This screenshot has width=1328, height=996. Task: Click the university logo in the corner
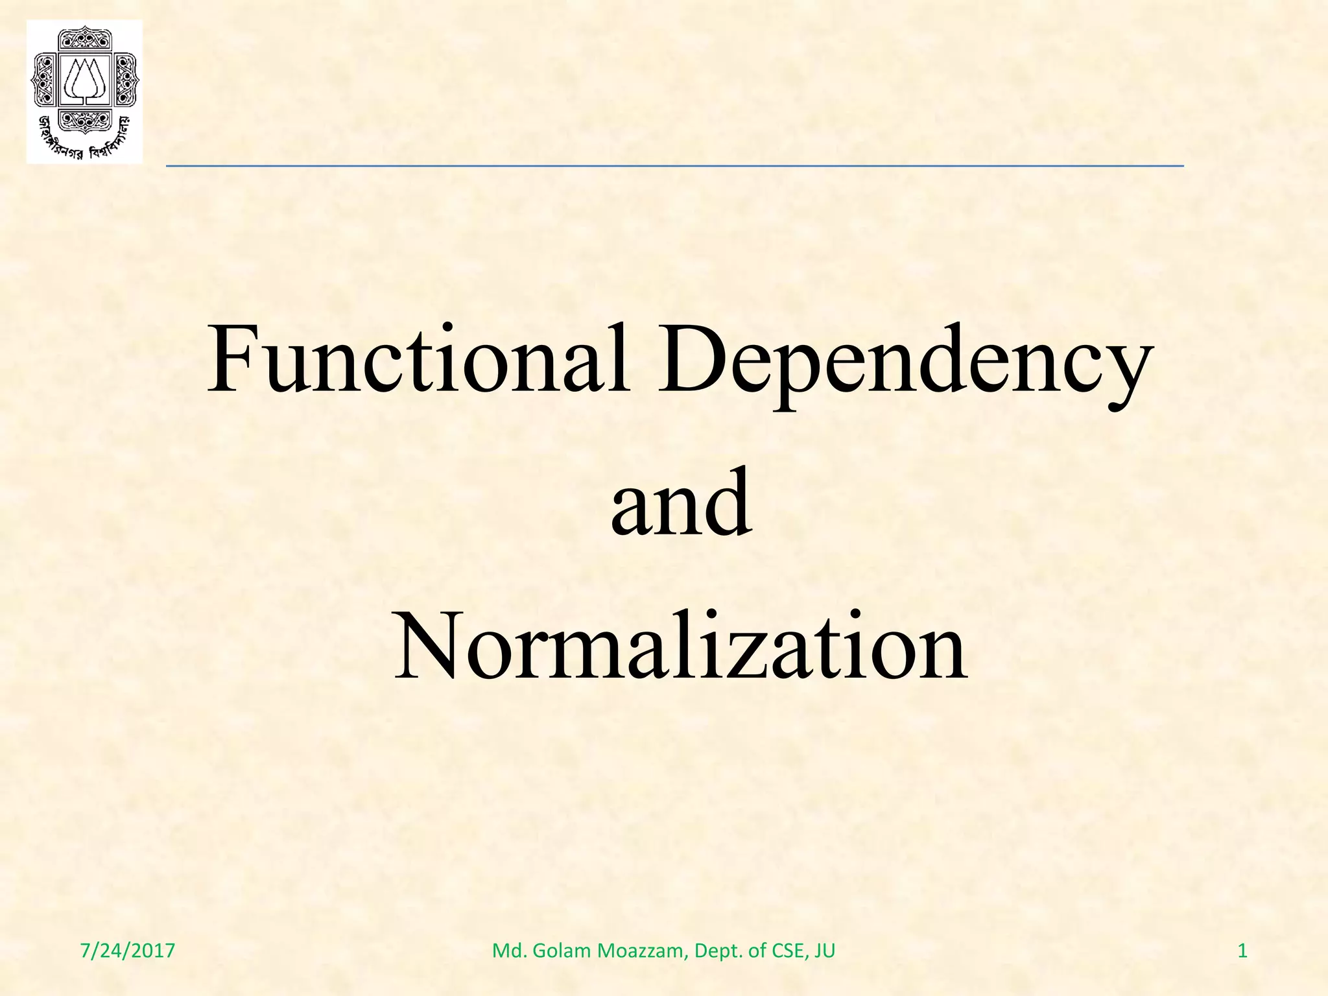click(84, 91)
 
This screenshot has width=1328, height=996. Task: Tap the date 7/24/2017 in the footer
click(128, 951)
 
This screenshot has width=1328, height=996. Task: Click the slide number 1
click(1242, 951)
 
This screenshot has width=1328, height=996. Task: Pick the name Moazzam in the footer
click(641, 951)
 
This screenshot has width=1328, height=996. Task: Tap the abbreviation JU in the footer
click(825, 951)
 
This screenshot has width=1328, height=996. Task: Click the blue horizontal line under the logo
click(674, 167)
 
